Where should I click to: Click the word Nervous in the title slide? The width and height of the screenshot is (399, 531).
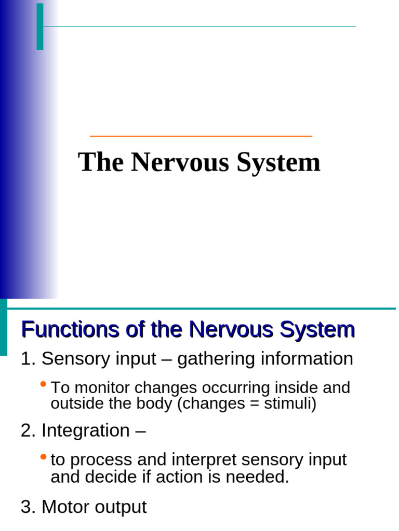coord(180,162)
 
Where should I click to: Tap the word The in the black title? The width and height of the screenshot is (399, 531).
coord(101,162)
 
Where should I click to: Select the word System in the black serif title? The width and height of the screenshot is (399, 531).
coord(278,163)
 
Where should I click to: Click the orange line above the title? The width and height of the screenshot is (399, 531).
coord(201,136)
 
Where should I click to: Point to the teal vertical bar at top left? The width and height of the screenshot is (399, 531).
coord(40,26)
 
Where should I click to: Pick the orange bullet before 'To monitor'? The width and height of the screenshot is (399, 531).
coord(43,385)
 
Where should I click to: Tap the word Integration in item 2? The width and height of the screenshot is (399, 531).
coord(85,431)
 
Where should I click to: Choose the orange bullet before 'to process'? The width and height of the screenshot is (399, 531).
coord(43,457)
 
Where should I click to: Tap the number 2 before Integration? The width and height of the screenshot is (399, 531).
coord(26,431)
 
